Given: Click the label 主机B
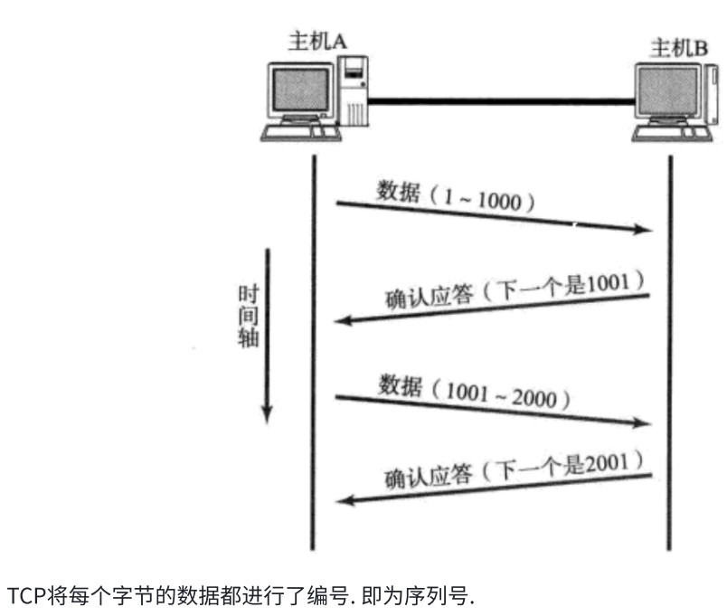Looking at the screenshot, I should [x=679, y=47].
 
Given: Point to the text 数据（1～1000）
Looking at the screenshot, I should [x=457, y=198].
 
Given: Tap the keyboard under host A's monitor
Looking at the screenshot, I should [x=301, y=134].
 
